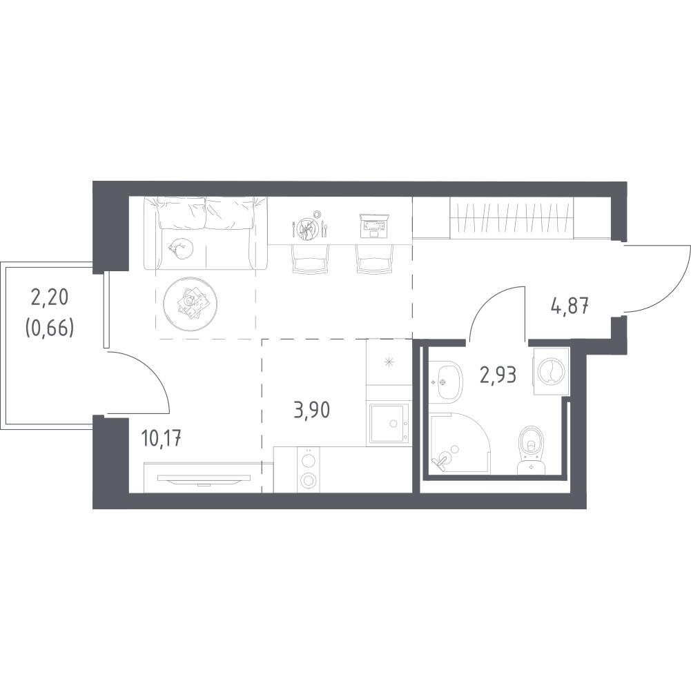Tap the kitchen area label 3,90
coord(311,410)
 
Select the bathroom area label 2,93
coord(498,375)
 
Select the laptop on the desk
coord(373,225)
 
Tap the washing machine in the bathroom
coord(551,371)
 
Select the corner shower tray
coord(460,443)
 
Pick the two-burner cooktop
coord(308,470)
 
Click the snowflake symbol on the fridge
coord(388,363)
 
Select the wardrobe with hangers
coord(512,217)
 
